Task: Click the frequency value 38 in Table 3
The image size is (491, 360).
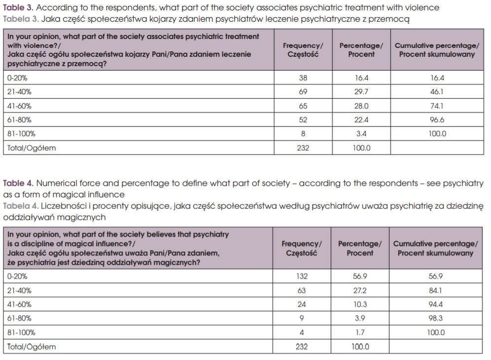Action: [303, 78]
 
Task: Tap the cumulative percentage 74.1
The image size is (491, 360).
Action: [437, 106]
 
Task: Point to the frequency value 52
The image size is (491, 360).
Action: [303, 120]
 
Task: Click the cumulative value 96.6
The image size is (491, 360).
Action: [437, 120]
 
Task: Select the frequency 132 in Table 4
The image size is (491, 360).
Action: [302, 277]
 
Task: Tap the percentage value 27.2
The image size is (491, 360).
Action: [360, 290]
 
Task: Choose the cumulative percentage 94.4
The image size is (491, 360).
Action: [436, 305]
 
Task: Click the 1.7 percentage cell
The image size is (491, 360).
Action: [360, 332]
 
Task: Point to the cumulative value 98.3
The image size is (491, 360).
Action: [436, 319]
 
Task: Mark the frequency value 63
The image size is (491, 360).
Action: [302, 290]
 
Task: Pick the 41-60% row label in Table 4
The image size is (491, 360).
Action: [21, 305]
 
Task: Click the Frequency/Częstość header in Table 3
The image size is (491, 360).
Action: [303, 50]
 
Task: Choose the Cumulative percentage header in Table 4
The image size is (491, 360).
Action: [435, 248]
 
